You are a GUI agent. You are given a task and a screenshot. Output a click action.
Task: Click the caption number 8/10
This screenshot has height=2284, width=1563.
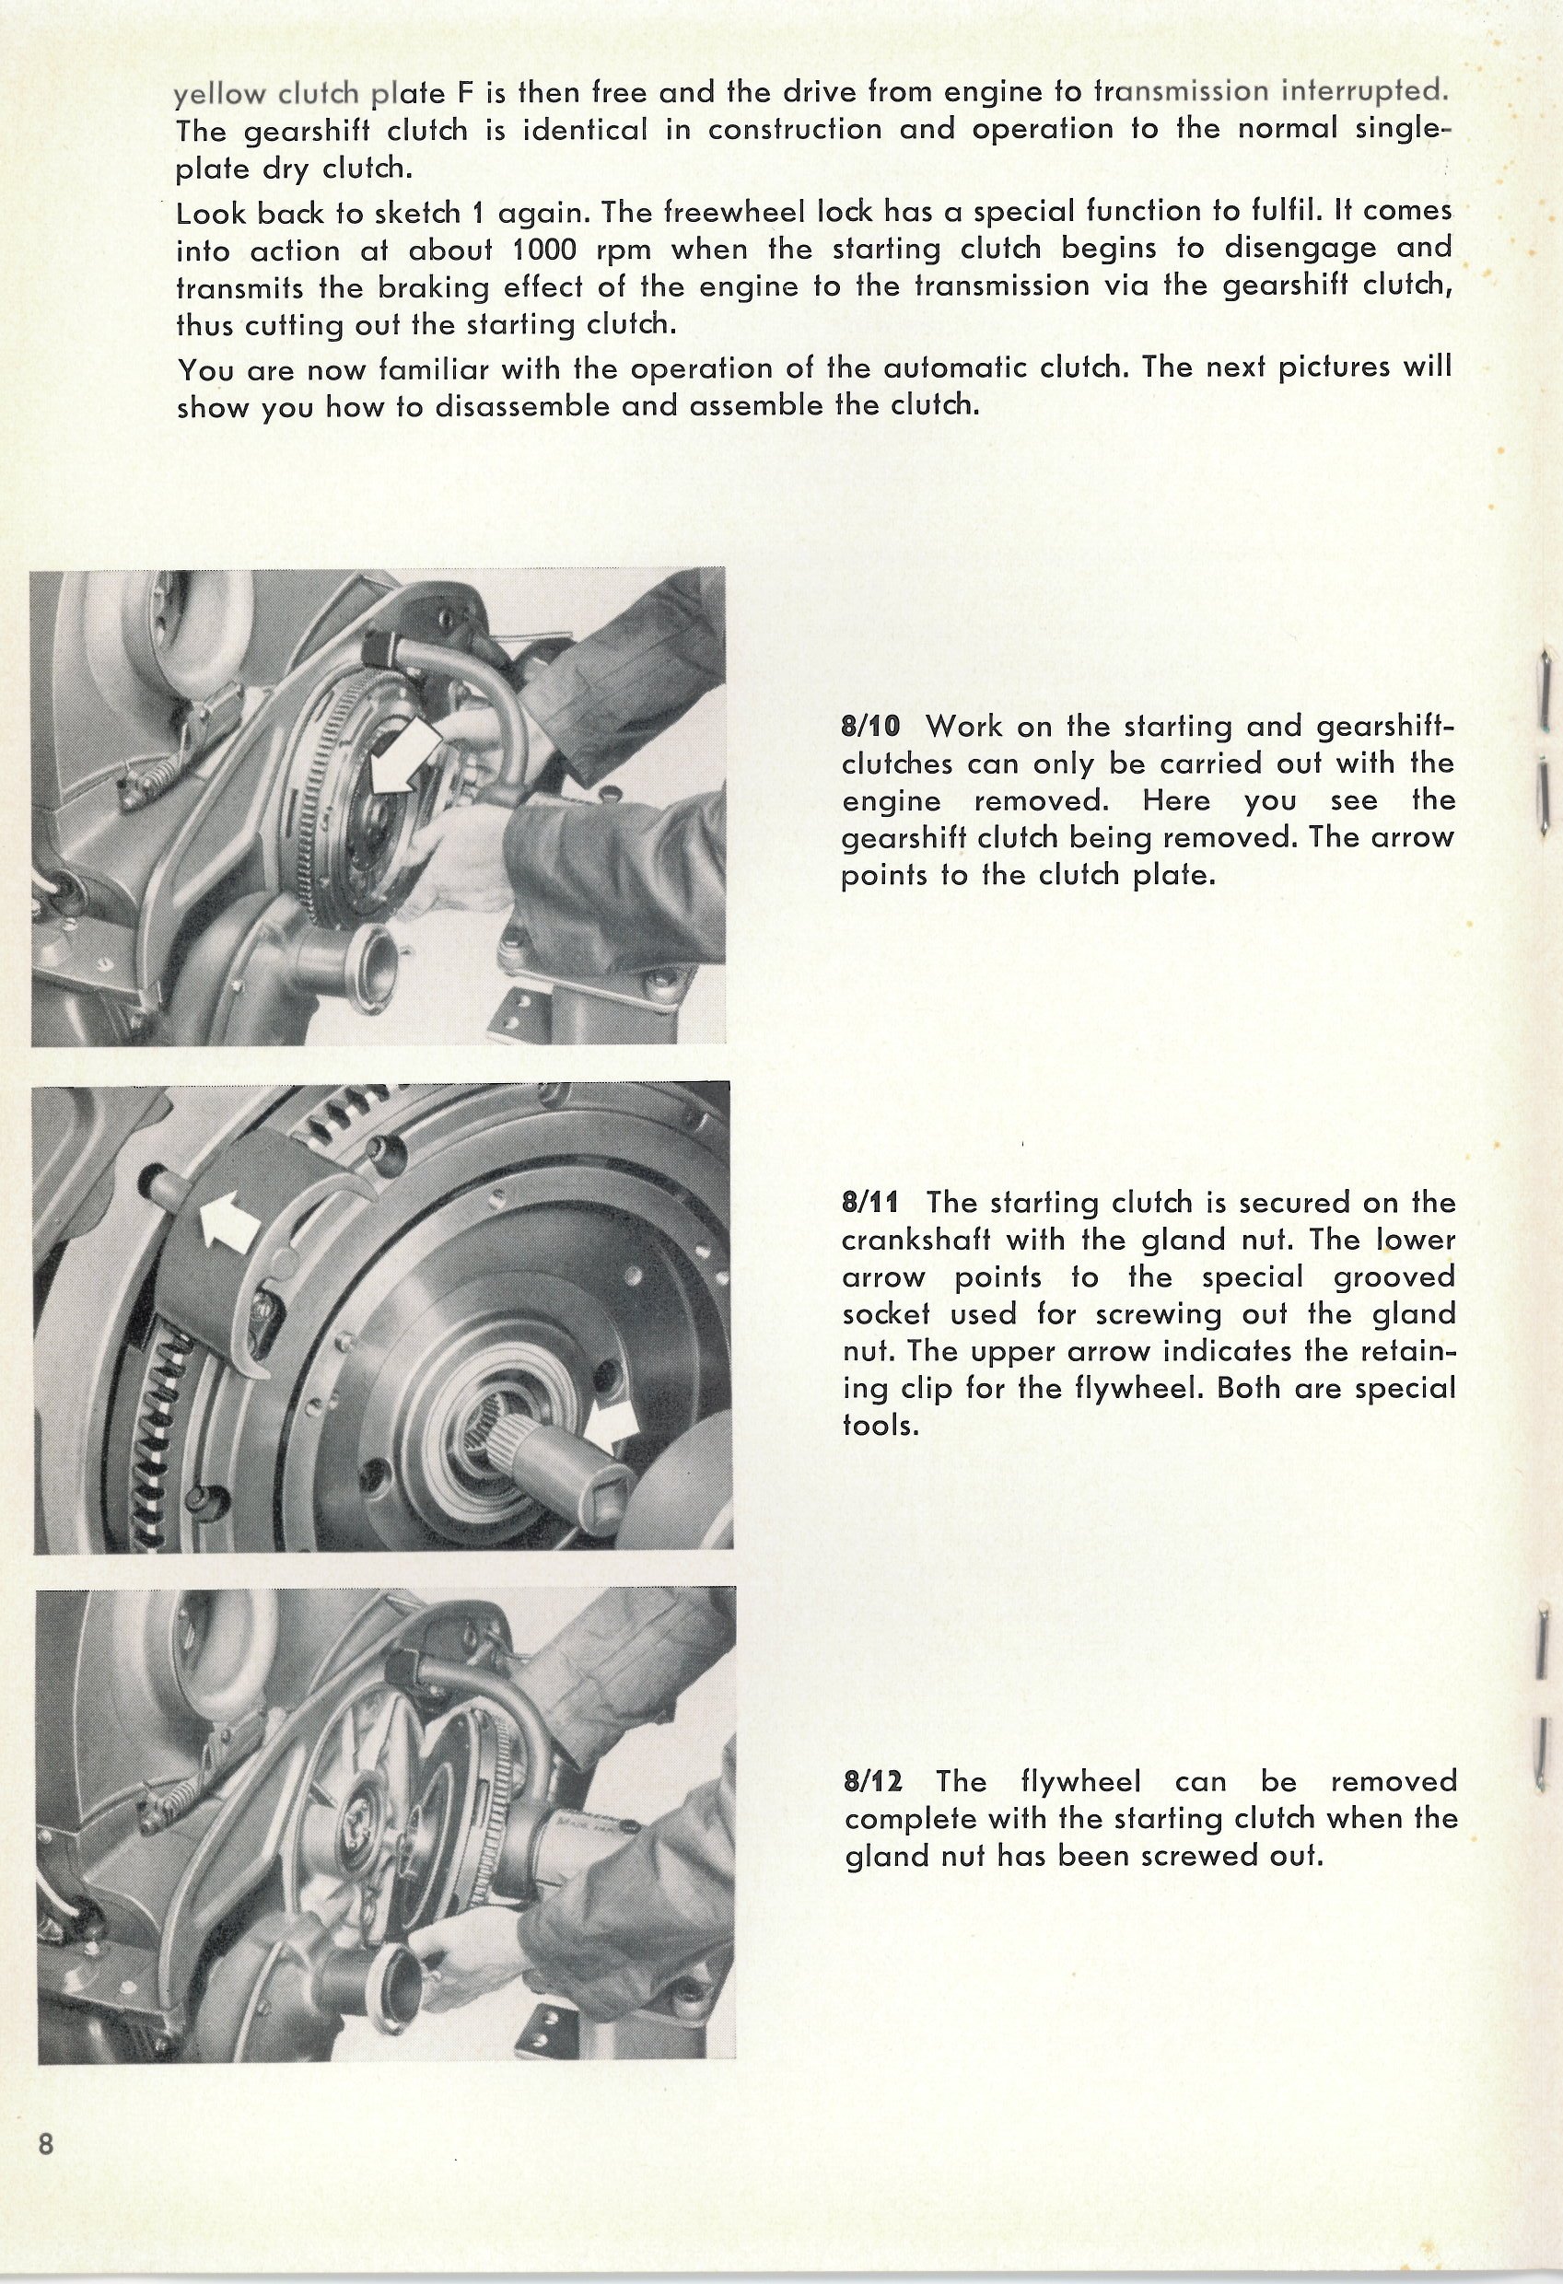click(x=872, y=728)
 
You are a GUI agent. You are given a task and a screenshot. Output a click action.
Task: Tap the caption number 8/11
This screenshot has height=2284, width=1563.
click(x=872, y=1203)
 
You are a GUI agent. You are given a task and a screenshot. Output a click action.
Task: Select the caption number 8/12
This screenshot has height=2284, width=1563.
click(x=873, y=1781)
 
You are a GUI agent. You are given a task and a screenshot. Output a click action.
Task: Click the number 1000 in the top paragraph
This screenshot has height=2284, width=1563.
click(x=543, y=250)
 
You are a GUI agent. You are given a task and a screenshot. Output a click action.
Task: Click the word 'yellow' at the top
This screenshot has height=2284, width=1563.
click(x=217, y=96)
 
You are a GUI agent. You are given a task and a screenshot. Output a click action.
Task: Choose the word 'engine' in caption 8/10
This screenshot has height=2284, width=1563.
click(x=892, y=802)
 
